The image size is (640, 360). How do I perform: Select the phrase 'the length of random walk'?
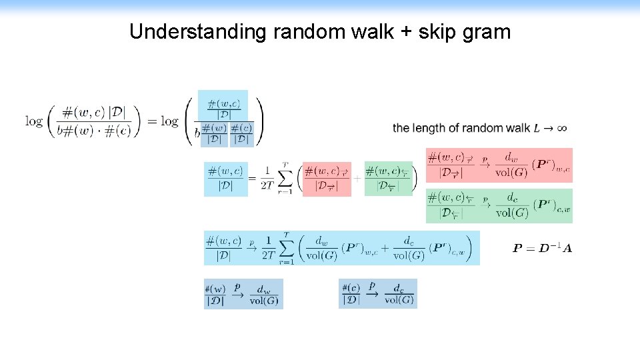pos(461,128)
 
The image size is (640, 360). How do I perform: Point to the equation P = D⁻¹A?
pos(542,249)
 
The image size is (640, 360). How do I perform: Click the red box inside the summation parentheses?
pos(327,179)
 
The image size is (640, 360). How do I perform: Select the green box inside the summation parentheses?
pos(388,179)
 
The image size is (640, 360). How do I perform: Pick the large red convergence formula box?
pos(499,165)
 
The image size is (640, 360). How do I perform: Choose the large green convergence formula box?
pos(499,205)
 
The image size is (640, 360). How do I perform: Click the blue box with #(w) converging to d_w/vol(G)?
pos(243,294)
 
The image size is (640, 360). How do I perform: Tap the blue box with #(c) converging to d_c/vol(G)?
pos(378,294)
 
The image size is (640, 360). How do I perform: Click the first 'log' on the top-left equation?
pos(34,121)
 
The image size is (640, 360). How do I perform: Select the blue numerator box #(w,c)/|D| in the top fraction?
pos(223,109)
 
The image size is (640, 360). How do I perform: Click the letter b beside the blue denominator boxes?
pos(197,133)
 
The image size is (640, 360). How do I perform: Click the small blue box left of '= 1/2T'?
pos(225,179)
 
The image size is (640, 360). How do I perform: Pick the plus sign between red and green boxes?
pos(357,179)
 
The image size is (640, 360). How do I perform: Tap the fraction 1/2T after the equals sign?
pos(267,179)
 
